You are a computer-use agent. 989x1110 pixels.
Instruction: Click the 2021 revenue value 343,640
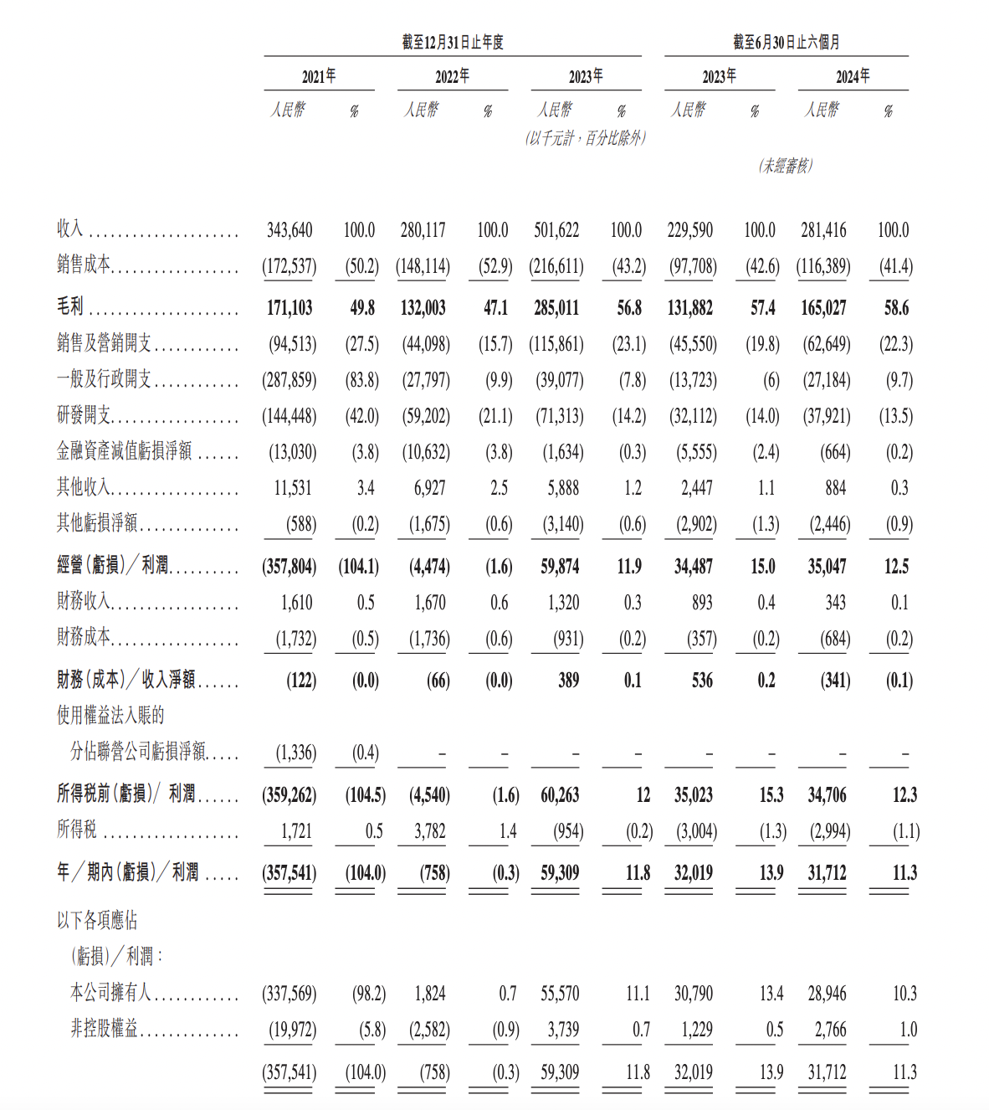pyautogui.click(x=290, y=230)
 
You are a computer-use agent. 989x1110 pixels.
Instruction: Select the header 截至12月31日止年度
pyautogui.click(x=453, y=42)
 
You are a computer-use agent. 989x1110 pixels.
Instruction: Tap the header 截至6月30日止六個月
pyautogui.click(x=787, y=42)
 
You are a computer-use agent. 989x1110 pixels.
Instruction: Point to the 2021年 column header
pyautogui.click(x=319, y=76)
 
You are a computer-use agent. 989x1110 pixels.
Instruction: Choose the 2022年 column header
pyautogui.click(x=453, y=76)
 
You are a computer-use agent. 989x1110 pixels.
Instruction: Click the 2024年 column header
pyautogui.click(x=853, y=76)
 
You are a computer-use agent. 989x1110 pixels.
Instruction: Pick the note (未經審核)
pyautogui.click(x=786, y=166)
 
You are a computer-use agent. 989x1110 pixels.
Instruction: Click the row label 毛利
pyautogui.click(x=70, y=307)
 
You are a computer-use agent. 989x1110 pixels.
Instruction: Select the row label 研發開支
pyautogui.click(x=84, y=415)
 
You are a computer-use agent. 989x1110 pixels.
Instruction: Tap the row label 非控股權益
pyautogui.click(x=104, y=1029)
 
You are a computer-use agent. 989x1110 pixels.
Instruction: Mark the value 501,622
pyautogui.click(x=556, y=230)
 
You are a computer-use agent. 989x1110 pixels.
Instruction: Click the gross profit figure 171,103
pyautogui.click(x=290, y=308)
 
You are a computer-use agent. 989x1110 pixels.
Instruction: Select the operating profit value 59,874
pyautogui.click(x=560, y=567)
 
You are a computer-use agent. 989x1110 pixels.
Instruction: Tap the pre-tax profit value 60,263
pyautogui.click(x=560, y=795)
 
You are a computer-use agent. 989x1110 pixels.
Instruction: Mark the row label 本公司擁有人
pyautogui.click(x=110, y=993)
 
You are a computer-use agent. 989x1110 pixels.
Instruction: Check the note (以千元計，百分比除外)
pyautogui.click(x=586, y=138)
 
